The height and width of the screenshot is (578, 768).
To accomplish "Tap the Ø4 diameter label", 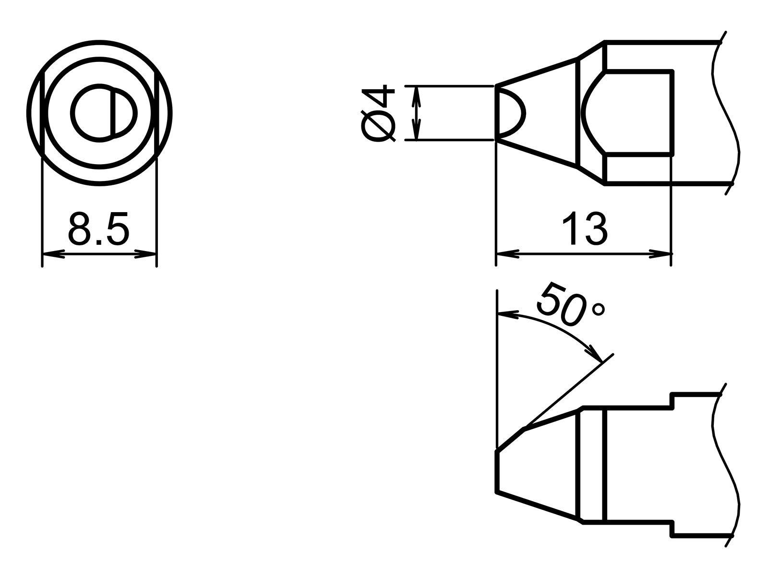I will pos(379,113).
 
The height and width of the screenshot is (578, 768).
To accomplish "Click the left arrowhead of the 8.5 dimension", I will pos(53,253).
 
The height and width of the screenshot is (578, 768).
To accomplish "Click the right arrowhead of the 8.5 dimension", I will pos(146,253).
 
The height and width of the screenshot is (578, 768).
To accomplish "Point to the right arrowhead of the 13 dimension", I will pos(660,253).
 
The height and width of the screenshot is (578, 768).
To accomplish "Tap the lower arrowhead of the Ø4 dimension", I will pos(416,131).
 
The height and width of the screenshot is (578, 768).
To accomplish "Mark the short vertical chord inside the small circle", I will pos(113,113).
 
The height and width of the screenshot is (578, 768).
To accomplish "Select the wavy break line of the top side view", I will pos(725,113).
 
